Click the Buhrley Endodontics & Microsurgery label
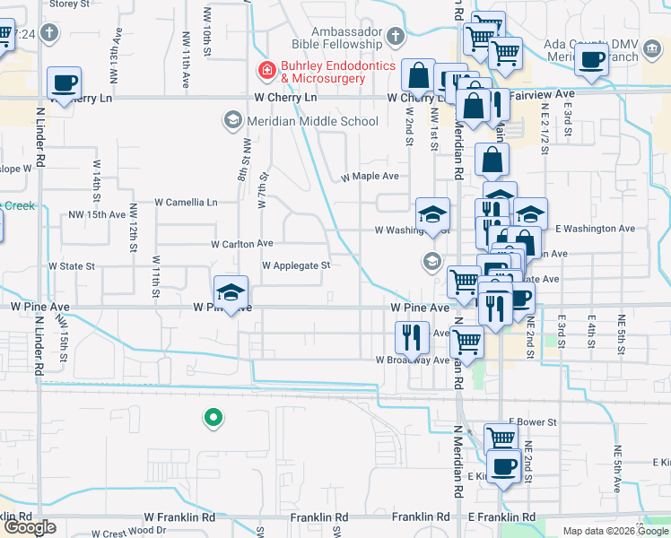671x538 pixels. click(323, 72)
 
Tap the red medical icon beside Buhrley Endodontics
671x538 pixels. click(266, 70)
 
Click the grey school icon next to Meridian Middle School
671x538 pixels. click(232, 120)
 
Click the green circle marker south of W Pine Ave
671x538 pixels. click(213, 417)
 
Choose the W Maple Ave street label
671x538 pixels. click(370, 177)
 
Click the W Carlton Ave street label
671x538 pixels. click(241, 244)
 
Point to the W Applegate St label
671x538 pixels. click(296, 265)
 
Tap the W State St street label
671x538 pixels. click(72, 266)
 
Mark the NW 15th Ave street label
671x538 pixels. click(98, 215)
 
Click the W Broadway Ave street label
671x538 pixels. click(412, 360)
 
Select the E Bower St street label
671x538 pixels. click(533, 421)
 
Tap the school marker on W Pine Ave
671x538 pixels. click(231, 291)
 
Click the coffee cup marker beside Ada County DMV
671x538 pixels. click(591, 60)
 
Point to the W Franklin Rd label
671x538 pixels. click(179, 517)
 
